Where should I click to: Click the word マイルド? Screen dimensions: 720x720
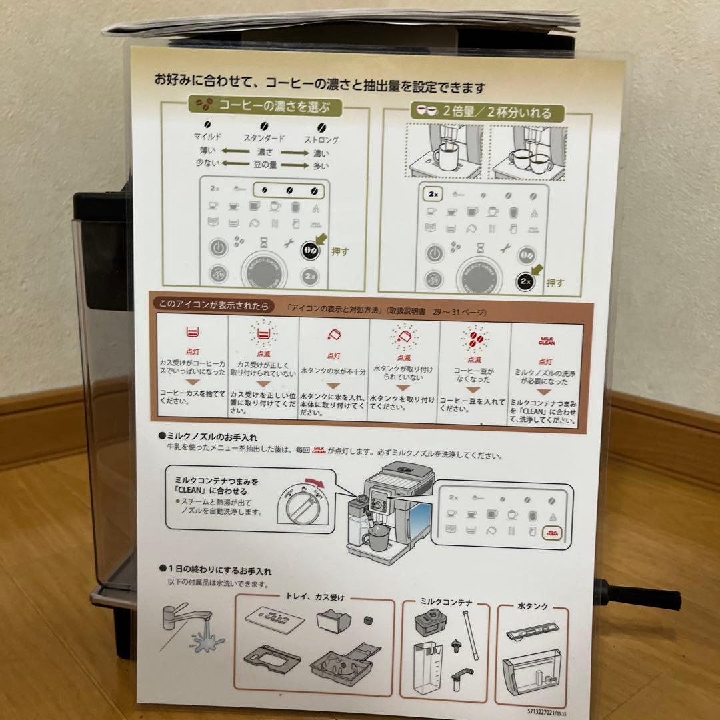pyautogui.click(x=207, y=137)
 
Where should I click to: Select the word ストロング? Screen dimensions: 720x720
pyautogui.click(x=321, y=140)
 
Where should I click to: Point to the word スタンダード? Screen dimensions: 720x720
pyautogui.click(x=263, y=138)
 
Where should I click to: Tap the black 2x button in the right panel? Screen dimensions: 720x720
pyautogui.click(x=526, y=281)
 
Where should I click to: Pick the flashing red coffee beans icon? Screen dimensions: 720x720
pyautogui.click(x=475, y=339)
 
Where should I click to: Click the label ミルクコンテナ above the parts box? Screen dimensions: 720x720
pyautogui.click(x=445, y=602)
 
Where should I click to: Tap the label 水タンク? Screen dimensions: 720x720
pyautogui.click(x=533, y=606)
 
